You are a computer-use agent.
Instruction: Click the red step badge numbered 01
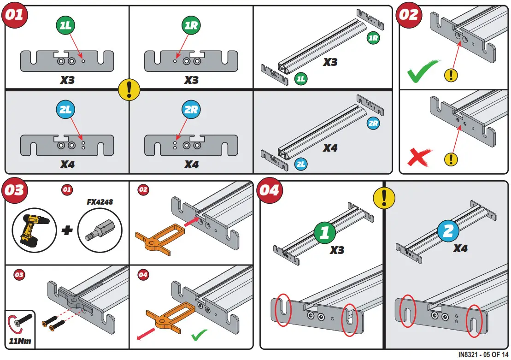click(x=14, y=15)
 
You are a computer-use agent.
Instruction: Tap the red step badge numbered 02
click(x=409, y=15)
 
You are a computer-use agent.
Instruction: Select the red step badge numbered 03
click(x=14, y=190)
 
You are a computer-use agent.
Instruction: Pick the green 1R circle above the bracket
click(x=191, y=26)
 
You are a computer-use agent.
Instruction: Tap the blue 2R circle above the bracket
click(x=191, y=110)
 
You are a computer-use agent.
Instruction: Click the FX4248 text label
click(x=100, y=202)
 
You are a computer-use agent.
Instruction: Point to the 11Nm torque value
click(x=20, y=342)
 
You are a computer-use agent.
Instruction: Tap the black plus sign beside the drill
click(x=67, y=230)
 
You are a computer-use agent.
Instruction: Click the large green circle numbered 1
click(x=325, y=232)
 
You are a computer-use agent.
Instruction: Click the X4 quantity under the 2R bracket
click(x=191, y=165)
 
